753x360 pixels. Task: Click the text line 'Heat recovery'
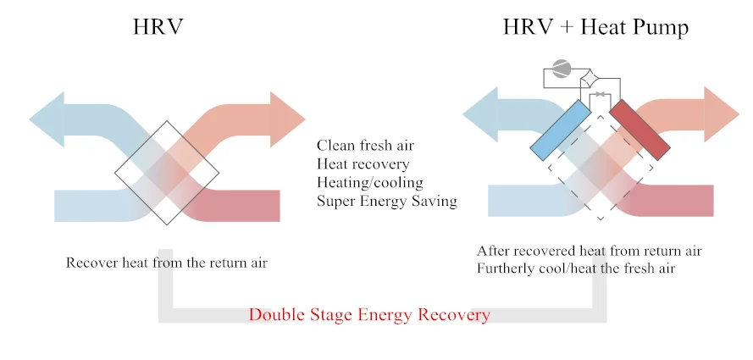click(363, 163)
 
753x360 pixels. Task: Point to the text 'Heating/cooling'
click(369, 182)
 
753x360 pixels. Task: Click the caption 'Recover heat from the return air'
click(167, 263)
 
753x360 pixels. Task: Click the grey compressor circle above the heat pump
click(562, 69)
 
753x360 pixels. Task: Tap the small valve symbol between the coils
click(601, 94)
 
